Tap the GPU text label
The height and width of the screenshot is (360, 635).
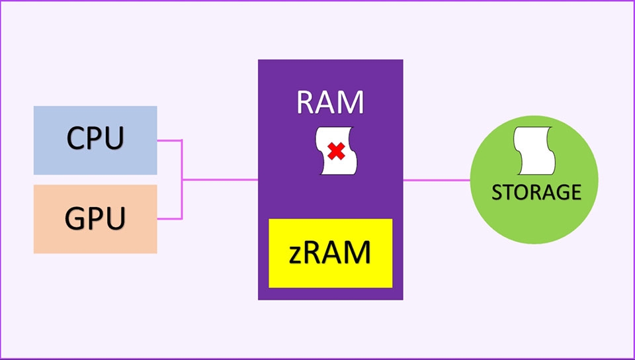[x=95, y=218]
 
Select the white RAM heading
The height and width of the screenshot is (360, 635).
[x=330, y=103]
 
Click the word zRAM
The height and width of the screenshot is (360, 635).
[x=330, y=253]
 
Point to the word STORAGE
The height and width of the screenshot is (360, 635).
[x=536, y=192]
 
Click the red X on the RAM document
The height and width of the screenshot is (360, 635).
[x=336, y=152]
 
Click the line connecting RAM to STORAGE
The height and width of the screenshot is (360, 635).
[x=437, y=179]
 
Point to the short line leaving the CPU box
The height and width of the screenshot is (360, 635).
[x=169, y=140]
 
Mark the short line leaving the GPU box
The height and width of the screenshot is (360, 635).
[x=169, y=218]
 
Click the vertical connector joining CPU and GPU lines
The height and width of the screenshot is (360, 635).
[x=182, y=199]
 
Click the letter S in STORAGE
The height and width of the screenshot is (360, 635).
[x=497, y=193]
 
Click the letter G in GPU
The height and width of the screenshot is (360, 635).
[x=76, y=218]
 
